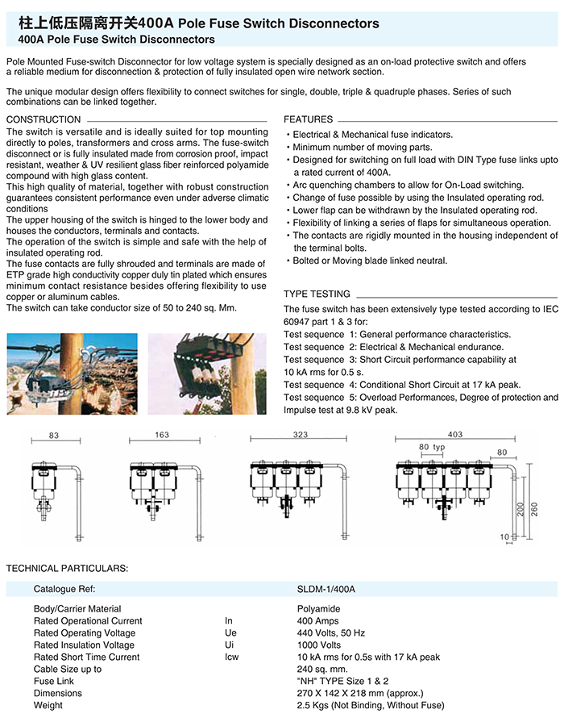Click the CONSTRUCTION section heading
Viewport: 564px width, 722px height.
click(x=44, y=119)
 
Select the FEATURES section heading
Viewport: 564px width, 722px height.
click(x=309, y=119)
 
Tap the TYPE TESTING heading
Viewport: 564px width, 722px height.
click(x=317, y=294)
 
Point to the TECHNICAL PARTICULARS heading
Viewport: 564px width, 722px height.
click(x=67, y=569)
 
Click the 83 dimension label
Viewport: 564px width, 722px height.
click(x=54, y=436)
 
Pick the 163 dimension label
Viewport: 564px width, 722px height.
click(x=161, y=435)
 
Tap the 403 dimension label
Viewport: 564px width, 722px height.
click(x=455, y=435)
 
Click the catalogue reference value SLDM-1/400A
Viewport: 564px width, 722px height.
click(x=326, y=590)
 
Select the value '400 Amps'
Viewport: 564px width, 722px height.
click(x=317, y=621)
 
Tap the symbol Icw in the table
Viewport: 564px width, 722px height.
click(x=231, y=657)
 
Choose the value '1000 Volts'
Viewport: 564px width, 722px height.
click(x=319, y=645)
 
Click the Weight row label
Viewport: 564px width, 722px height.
click(x=48, y=706)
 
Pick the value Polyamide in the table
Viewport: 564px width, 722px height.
click(x=319, y=609)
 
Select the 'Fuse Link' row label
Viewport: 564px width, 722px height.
click(x=55, y=682)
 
